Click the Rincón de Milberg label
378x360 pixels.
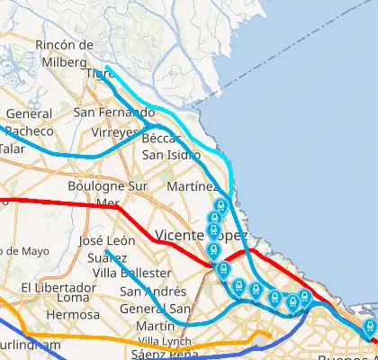point(65,52)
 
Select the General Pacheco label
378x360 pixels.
point(29,122)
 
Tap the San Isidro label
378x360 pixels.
point(171,154)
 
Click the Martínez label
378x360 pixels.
point(193,186)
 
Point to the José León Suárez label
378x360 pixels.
point(106,249)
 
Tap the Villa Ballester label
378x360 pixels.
point(132,273)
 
